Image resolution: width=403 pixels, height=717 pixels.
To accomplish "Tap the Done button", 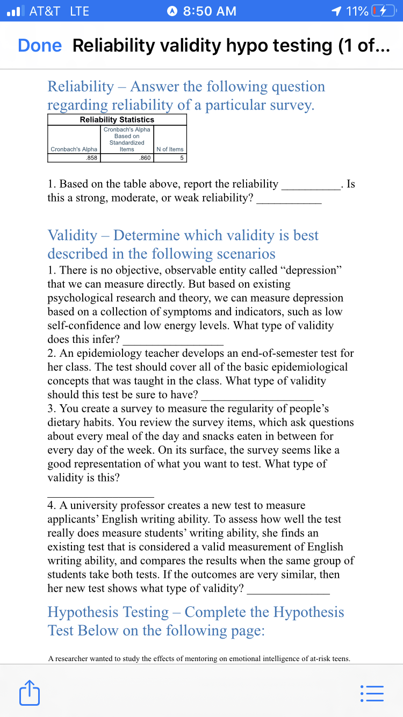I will coord(40,46).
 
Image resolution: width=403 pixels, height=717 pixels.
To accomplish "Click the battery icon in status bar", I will coord(384,11).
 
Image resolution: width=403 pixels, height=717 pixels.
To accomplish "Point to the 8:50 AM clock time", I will coord(210,11).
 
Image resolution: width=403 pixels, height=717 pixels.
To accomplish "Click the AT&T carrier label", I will coord(45,11).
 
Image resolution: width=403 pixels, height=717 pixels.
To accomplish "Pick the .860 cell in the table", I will coord(144,157).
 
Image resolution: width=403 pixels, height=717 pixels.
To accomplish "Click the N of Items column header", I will coord(170,149).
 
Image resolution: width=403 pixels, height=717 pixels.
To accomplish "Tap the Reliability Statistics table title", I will coord(117,119).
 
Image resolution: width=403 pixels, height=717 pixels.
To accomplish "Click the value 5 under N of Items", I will coord(182,157).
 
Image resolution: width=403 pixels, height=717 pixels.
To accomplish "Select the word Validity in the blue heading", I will coord(73,235).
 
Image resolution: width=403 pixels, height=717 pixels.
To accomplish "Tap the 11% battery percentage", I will coord(357,11).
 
